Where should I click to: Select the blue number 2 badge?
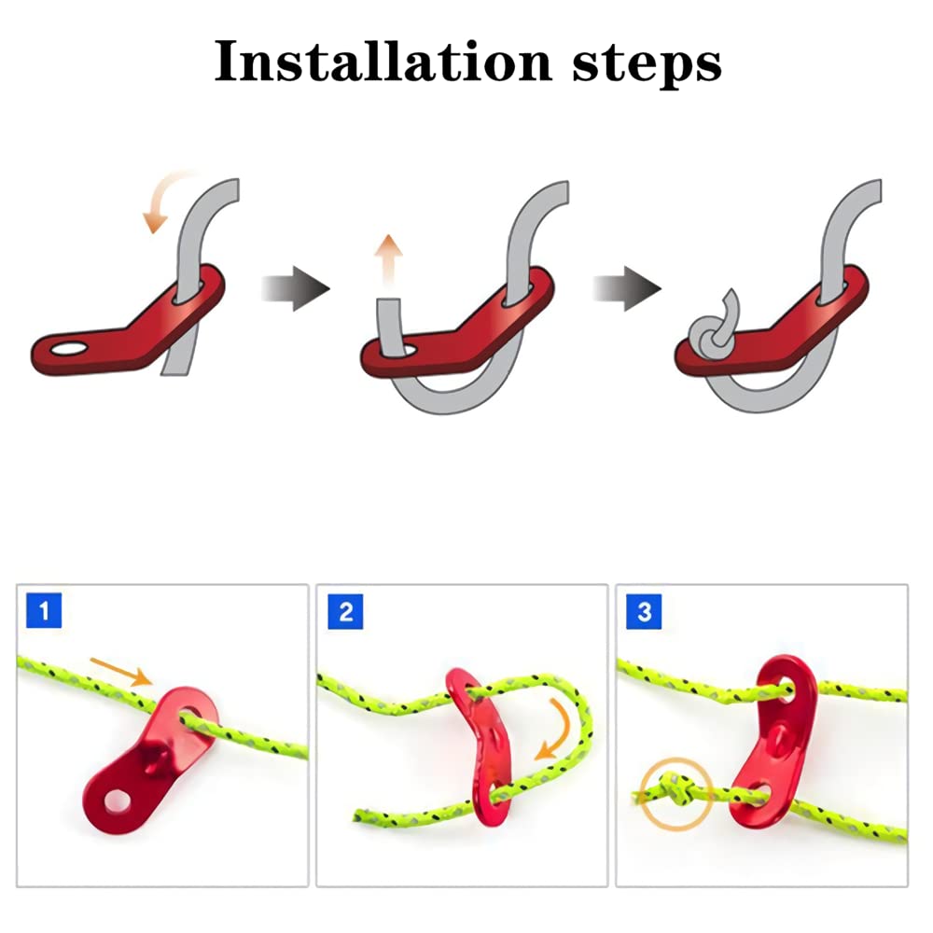tap(345, 612)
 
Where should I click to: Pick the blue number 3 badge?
tap(644, 612)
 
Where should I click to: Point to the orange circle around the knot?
tap(676, 796)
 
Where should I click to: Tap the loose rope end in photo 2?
tap(364, 815)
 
